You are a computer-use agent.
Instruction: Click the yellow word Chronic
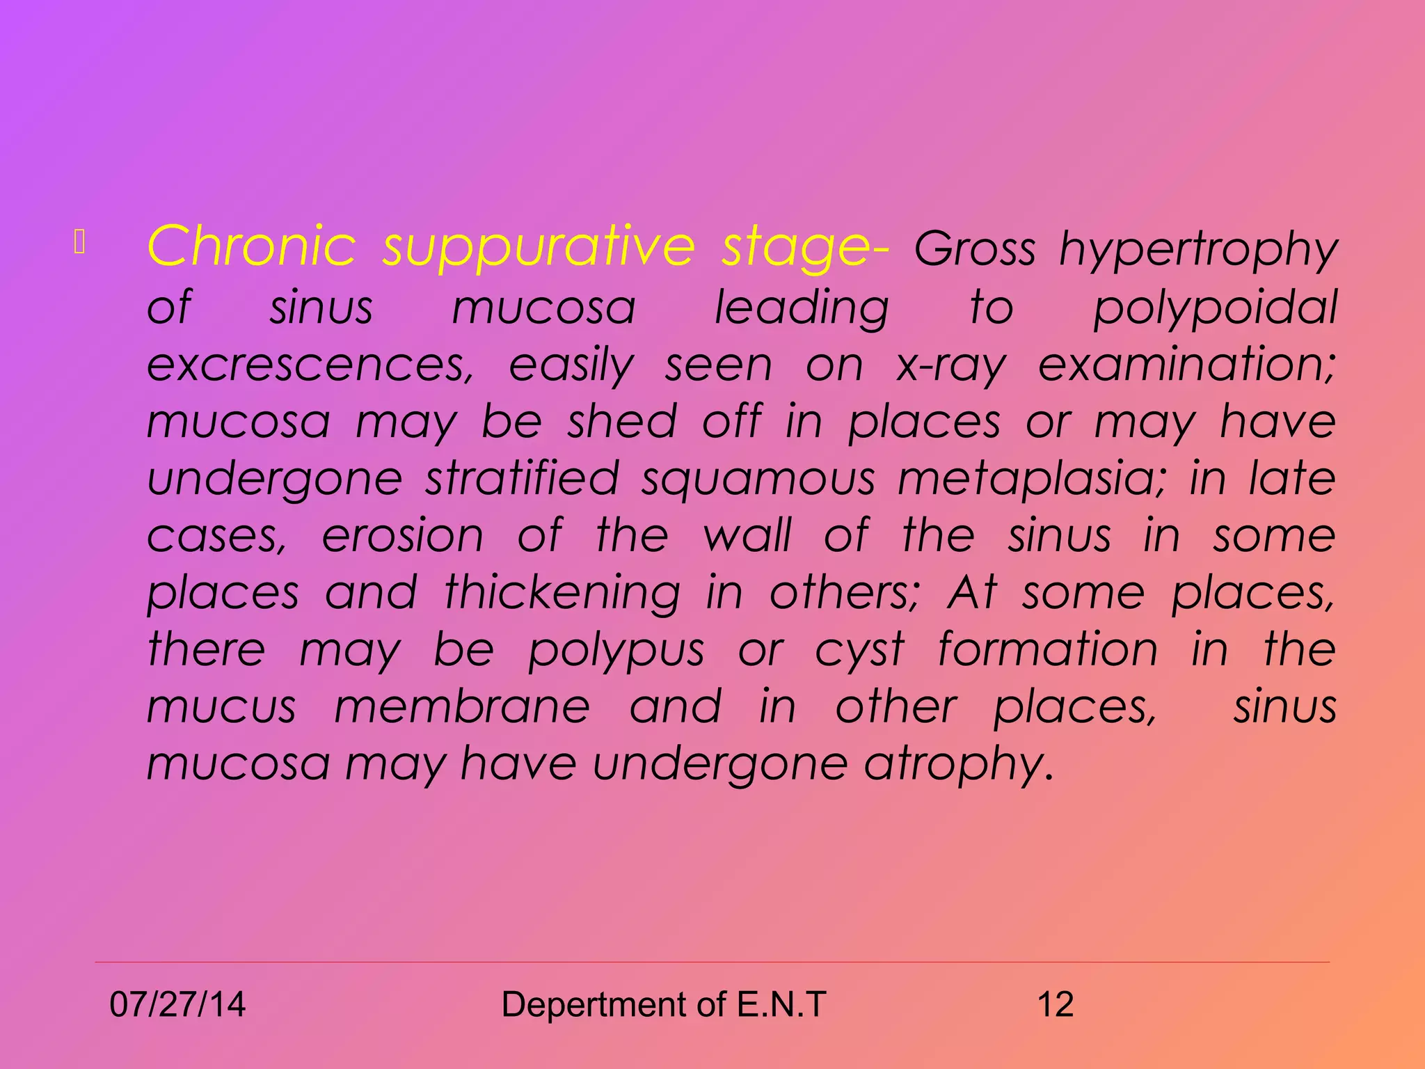pyautogui.click(x=251, y=246)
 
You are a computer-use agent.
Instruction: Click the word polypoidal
pyautogui.click(x=1215, y=308)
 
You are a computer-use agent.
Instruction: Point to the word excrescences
pyautogui.click(x=310, y=365)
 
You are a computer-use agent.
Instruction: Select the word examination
pyautogui.click(x=1186, y=365)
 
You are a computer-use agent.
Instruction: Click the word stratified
pyautogui.click(x=522, y=479)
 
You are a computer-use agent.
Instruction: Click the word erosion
pyautogui.click(x=402, y=536)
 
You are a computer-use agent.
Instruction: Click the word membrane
pyautogui.click(x=462, y=707)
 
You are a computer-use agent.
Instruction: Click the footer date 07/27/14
pyautogui.click(x=177, y=1004)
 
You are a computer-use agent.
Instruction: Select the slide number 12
pyautogui.click(x=1055, y=1004)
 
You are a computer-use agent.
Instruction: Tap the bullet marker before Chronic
pyautogui.click(x=79, y=241)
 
